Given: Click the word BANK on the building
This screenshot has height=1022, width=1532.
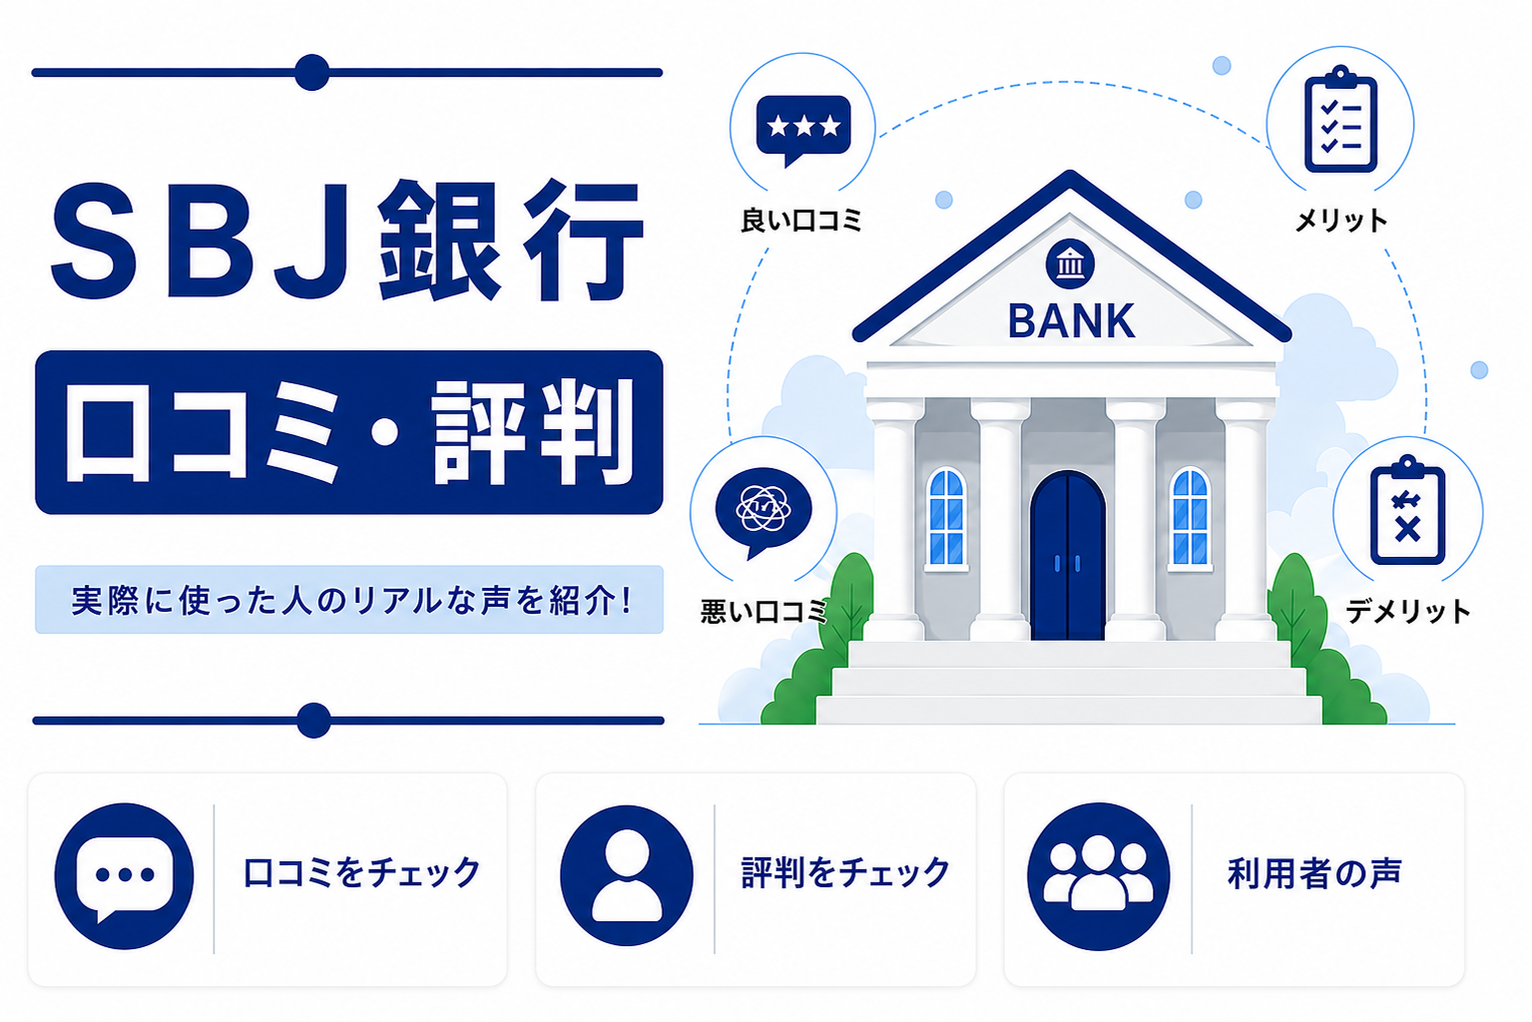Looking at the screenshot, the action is [1071, 320].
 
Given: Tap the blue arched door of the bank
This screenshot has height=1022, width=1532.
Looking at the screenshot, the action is [1068, 556].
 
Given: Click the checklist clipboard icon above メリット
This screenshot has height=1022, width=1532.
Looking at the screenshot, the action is [1340, 119].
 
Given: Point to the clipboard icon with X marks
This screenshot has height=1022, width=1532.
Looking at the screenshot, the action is [1407, 510].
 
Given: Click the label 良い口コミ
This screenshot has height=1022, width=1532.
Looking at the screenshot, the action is [800, 221].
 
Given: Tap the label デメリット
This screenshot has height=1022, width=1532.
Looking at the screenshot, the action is [1407, 610].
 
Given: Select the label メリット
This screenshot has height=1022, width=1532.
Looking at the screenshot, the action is [1341, 221].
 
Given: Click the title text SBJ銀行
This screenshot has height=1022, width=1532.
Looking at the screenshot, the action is [348, 240].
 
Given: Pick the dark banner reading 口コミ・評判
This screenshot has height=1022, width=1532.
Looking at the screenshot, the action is [348, 432].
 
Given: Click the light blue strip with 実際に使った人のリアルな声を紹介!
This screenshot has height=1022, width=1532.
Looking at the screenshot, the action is [348, 599].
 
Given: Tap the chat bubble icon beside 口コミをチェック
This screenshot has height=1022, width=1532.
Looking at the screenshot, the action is [124, 875].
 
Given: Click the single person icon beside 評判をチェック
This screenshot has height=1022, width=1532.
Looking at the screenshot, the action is [627, 875].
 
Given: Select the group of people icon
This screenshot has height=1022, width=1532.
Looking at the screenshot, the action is [1099, 875].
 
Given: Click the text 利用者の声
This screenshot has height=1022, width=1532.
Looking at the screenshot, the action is [1314, 873].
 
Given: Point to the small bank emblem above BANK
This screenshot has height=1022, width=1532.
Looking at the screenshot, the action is [1070, 264].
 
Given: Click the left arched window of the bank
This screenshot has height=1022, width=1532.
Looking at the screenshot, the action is [946, 517].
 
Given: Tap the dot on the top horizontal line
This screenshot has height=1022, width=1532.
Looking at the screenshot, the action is [311, 73].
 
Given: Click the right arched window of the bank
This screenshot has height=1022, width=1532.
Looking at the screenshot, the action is [1190, 517].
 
